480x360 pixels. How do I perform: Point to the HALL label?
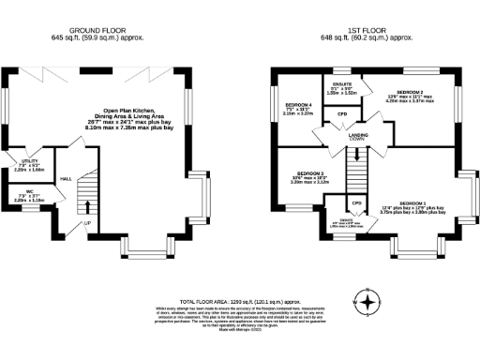[66, 178]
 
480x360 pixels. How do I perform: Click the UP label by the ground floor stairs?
[87, 223]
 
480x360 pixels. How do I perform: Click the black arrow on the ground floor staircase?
[87, 206]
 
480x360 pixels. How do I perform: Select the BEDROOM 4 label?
[298, 104]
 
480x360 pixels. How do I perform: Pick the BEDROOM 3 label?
[310, 173]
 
